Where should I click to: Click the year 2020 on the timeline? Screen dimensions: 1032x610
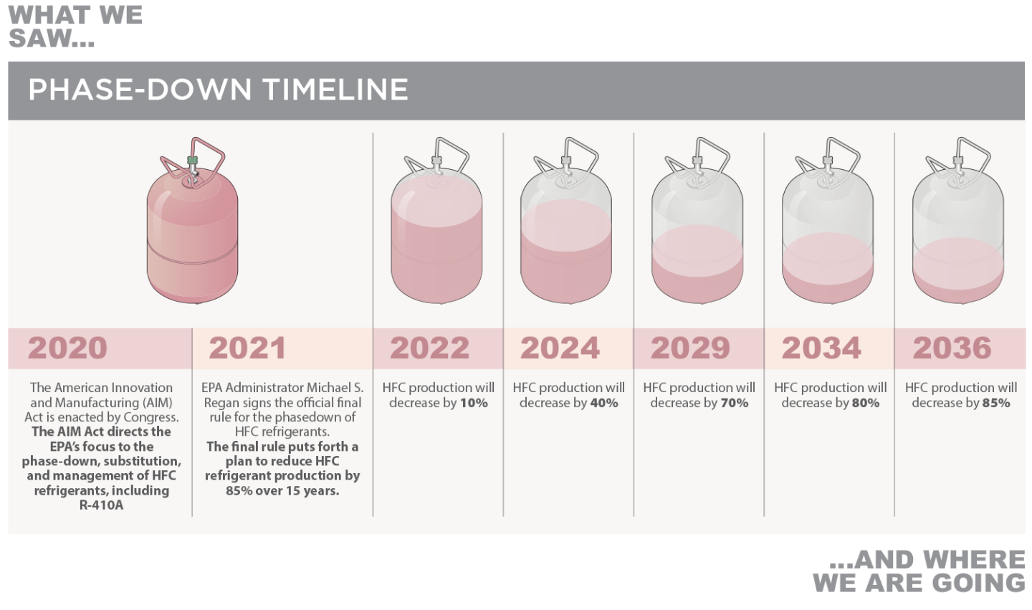point(67,348)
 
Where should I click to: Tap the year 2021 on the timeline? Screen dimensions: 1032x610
point(247,348)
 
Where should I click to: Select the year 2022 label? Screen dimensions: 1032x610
point(429,348)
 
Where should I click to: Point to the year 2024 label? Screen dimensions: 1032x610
point(560,348)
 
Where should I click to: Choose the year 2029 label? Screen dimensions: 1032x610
point(690,348)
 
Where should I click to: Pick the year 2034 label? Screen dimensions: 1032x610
point(821,348)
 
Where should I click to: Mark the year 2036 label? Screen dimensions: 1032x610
point(952,348)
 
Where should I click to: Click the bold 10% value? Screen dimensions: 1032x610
point(474,403)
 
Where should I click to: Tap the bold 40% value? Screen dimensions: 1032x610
point(604,403)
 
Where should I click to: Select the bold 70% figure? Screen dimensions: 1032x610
point(735,403)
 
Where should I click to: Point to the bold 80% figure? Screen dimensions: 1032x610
point(865,403)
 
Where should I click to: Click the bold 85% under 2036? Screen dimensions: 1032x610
point(996,403)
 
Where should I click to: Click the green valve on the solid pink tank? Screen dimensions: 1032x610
point(192,161)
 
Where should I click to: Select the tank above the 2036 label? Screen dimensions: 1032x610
point(957,221)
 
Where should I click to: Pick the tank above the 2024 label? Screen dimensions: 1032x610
point(566,221)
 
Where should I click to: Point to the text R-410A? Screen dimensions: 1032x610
point(101,505)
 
